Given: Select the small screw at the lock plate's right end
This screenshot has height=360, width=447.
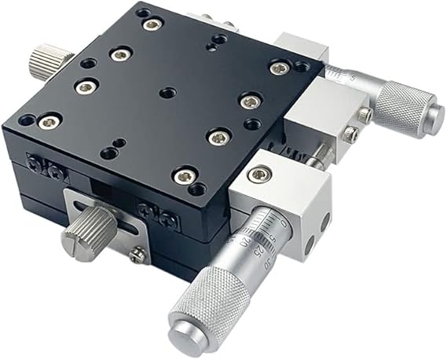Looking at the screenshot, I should click(x=138, y=253).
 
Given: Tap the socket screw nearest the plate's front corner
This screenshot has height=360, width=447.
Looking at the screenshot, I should click(x=182, y=176).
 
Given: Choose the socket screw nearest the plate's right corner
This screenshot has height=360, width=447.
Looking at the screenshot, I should click(x=276, y=68).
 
